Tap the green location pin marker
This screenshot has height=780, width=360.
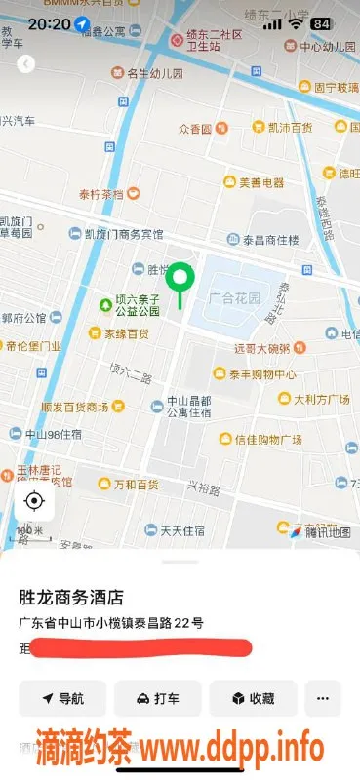(x=180, y=281)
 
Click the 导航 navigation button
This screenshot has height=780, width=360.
(x=62, y=698)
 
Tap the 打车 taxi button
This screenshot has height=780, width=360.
(x=157, y=698)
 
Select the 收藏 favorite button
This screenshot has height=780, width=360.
(x=252, y=698)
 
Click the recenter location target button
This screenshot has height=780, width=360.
(x=34, y=502)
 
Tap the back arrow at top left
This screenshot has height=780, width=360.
(x=26, y=63)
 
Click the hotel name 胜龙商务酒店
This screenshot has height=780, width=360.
(x=77, y=597)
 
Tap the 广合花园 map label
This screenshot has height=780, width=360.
(x=234, y=297)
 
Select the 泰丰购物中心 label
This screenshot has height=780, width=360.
(x=261, y=374)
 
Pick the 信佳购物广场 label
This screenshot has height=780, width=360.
(x=266, y=440)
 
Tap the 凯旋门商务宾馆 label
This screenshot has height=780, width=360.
(x=123, y=235)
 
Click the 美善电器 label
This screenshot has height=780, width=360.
(x=261, y=181)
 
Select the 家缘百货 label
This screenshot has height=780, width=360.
(x=126, y=333)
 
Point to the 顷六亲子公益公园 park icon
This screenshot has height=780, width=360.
(x=105, y=305)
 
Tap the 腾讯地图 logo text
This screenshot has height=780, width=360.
(x=328, y=532)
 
